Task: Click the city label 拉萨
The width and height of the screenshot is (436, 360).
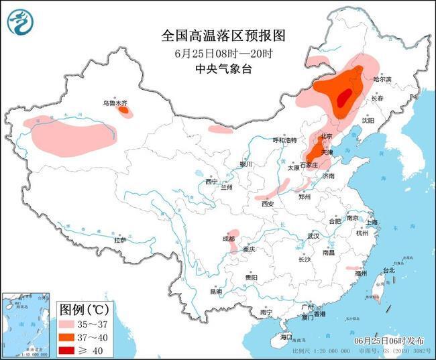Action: pyautogui.click(x=120, y=239)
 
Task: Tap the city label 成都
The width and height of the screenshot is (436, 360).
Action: pyautogui.click(x=229, y=238)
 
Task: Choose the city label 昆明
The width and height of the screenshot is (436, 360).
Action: pyautogui.click(x=216, y=292)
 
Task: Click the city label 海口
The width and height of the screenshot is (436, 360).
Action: pyautogui.click(x=286, y=337)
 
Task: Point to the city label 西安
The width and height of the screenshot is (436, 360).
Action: pyautogui.click(x=268, y=203)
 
